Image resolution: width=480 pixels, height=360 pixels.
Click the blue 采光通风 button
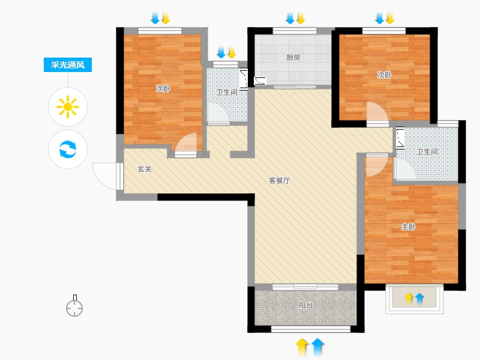[x=68, y=65]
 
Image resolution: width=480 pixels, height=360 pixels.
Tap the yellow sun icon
[x=68, y=107]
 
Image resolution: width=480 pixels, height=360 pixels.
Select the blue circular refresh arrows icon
[x=68, y=149]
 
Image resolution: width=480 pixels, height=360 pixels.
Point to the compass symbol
[x=74, y=306]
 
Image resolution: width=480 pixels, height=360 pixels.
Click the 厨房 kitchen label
[x=293, y=58]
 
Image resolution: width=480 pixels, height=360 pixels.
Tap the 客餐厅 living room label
[x=279, y=181]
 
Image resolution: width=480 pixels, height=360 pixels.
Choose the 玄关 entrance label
[x=145, y=169]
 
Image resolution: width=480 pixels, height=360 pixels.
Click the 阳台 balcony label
[x=306, y=305]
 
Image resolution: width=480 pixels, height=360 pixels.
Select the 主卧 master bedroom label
[x=409, y=227]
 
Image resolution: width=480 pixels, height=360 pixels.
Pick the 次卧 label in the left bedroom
[x=163, y=89]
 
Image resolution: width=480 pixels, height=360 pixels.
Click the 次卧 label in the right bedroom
[x=384, y=75]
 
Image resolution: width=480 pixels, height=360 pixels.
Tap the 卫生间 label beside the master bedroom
[x=427, y=152]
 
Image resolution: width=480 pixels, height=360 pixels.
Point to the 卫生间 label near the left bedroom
[x=227, y=92]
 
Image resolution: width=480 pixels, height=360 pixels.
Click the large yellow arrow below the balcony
[x=302, y=347]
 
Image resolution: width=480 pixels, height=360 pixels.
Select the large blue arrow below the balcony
[x=317, y=347]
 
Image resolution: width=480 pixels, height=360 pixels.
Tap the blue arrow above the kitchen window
[x=290, y=18]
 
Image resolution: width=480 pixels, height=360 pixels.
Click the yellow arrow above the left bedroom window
[x=166, y=18]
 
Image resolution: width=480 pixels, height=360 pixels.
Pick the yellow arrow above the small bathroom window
[x=232, y=52]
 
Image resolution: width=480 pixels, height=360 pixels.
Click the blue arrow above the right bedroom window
[x=380, y=18]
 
